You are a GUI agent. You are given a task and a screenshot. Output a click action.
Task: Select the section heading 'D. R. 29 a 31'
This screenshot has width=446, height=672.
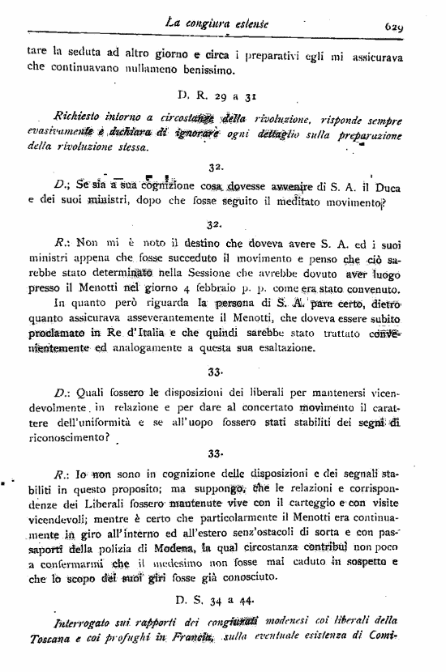[x=214, y=94]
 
